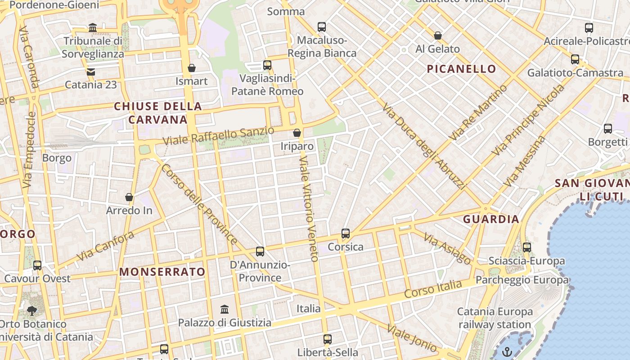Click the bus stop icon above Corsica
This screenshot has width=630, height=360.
coord(346,234)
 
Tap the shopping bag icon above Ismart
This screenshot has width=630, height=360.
coord(192,68)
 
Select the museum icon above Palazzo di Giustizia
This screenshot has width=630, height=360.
coord(225,309)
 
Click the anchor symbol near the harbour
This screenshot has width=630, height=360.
coord(507,351)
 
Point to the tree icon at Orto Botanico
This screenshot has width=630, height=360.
coord(31,310)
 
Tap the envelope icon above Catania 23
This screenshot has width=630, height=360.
coord(91,72)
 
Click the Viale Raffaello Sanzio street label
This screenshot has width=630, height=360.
coord(218,135)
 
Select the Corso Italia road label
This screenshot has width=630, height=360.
coord(433,289)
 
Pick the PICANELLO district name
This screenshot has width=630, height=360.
coord(461,69)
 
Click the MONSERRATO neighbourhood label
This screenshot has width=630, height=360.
coord(162,272)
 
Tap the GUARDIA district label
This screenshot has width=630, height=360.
coord(491,219)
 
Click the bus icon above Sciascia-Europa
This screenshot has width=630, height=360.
coord(527,247)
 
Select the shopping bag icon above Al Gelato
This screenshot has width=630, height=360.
coord(437,36)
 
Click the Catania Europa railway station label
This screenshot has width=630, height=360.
coord(495,318)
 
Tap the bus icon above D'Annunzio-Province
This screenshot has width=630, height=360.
coord(260,251)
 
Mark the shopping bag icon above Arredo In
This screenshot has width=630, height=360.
coord(129,197)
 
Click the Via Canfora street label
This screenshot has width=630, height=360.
coord(105,246)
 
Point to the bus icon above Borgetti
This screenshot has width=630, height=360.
coord(608,129)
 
